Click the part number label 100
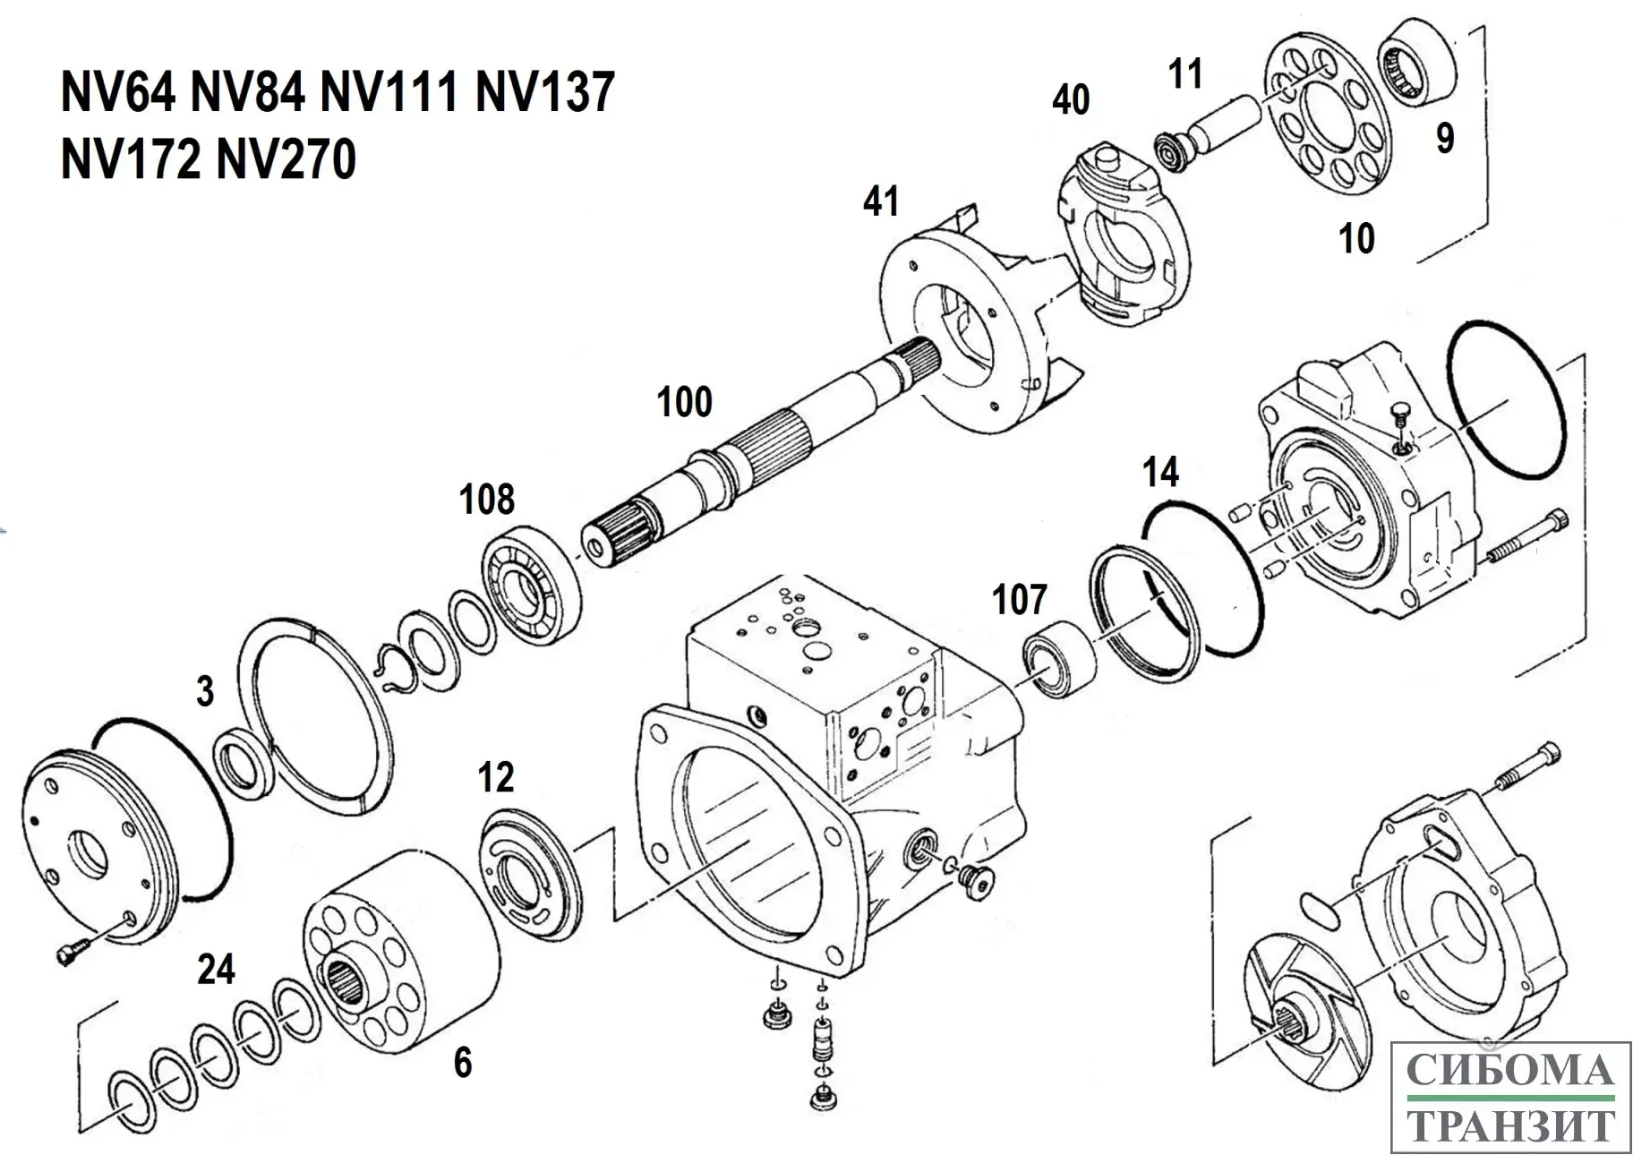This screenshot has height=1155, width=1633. (685, 403)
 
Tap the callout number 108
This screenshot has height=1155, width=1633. (487, 500)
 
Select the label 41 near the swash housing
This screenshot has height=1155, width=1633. (881, 202)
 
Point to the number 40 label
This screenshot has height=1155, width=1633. (1071, 99)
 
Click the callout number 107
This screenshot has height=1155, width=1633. (1020, 600)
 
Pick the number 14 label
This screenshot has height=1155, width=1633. (1160, 473)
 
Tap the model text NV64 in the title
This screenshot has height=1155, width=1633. (117, 92)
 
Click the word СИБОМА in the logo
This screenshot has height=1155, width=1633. (1510, 1071)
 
